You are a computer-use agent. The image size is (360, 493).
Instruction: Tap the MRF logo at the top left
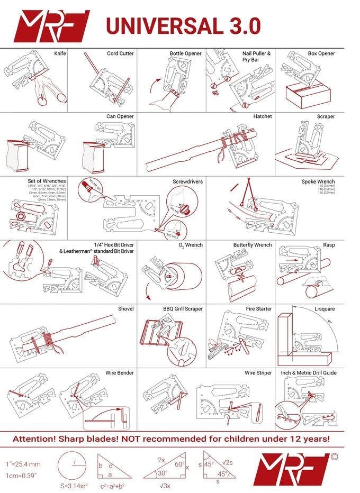51,25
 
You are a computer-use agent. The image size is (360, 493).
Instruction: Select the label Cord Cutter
120,53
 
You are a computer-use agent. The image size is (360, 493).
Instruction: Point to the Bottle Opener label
185,53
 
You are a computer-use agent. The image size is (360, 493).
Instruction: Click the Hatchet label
262,116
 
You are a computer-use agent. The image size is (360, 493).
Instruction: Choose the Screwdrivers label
187,181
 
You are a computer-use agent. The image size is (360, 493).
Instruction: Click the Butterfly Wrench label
252,245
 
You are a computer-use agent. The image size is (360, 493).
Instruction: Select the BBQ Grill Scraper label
183,308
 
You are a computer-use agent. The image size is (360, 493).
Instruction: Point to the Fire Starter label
258,308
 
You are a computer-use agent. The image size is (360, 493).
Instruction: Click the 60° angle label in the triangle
180,464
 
